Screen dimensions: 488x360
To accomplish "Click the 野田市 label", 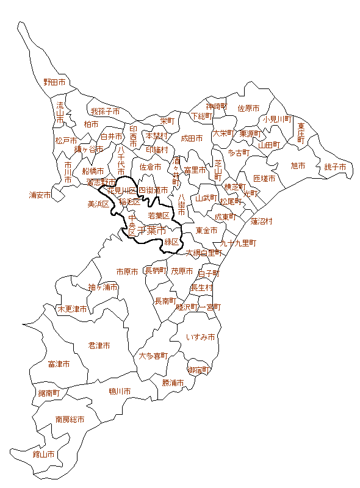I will point(54,82).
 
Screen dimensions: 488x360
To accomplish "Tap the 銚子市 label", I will point(335,167).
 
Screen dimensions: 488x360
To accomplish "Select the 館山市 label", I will point(43,454).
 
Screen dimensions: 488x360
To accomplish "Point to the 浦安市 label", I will point(40,195).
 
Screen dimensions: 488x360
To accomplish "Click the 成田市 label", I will point(192,138).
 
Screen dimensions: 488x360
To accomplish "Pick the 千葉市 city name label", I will point(152,231).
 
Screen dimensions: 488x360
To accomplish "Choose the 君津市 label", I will point(99,345).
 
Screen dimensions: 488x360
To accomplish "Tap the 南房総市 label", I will point(70,420).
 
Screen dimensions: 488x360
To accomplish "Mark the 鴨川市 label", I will point(120,391).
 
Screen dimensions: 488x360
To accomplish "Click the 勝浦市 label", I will point(173,382).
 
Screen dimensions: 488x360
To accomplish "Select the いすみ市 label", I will point(201,337).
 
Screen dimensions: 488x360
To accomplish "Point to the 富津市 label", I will point(59,364).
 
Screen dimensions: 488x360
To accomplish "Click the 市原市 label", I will point(128,271).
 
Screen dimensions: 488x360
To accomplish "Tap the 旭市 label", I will point(298,165).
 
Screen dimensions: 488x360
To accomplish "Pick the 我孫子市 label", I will point(105,112).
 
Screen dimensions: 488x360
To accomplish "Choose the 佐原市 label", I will point(248,108).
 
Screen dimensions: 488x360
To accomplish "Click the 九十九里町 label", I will point(239,243).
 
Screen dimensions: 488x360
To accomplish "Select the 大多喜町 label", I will point(153,355).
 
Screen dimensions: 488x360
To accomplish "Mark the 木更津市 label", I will point(72,309).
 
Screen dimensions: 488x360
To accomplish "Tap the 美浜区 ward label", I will point(98,204).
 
